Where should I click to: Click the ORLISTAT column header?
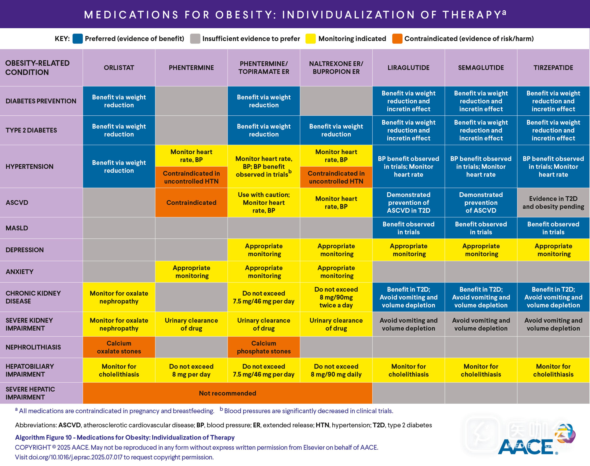119,68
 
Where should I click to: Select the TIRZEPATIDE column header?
553,68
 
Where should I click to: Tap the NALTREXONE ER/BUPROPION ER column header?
336,68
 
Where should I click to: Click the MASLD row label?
17,228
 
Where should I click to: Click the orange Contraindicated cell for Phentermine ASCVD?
191,202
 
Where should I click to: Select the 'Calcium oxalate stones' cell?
119,347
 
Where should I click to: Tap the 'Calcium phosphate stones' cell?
264,347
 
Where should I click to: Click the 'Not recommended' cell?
228,393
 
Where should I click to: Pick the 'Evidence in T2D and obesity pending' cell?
553,202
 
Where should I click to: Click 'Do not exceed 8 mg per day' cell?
191,370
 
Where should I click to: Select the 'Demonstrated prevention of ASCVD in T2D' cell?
408,202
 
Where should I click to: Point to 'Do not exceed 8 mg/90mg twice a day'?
336,297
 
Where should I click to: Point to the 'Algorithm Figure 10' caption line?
125,437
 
